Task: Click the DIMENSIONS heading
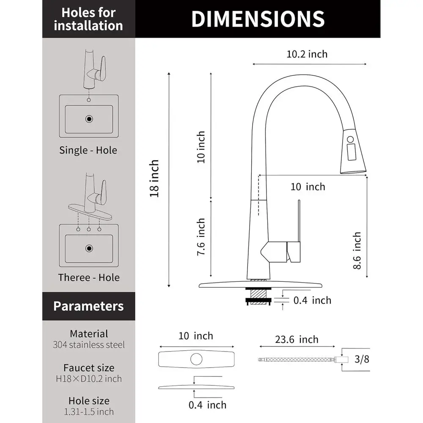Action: (x=258, y=19)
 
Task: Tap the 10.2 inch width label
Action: (x=307, y=54)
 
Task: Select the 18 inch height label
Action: (x=155, y=178)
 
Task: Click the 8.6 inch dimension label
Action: (x=357, y=250)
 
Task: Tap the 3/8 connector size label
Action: (x=362, y=360)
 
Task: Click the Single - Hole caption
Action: (x=88, y=150)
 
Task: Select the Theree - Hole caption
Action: (x=89, y=277)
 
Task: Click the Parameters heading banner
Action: (x=88, y=306)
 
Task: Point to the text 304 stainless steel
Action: (x=89, y=345)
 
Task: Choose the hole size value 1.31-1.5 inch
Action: (x=89, y=411)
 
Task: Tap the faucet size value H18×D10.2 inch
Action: (x=89, y=378)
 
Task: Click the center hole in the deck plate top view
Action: (x=196, y=359)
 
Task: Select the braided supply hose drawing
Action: (x=296, y=360)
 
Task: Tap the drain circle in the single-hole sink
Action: (x=89, y=119)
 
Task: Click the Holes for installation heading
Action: (x=88, y=19)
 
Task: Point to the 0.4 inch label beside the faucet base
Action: (x=312, y=300)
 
